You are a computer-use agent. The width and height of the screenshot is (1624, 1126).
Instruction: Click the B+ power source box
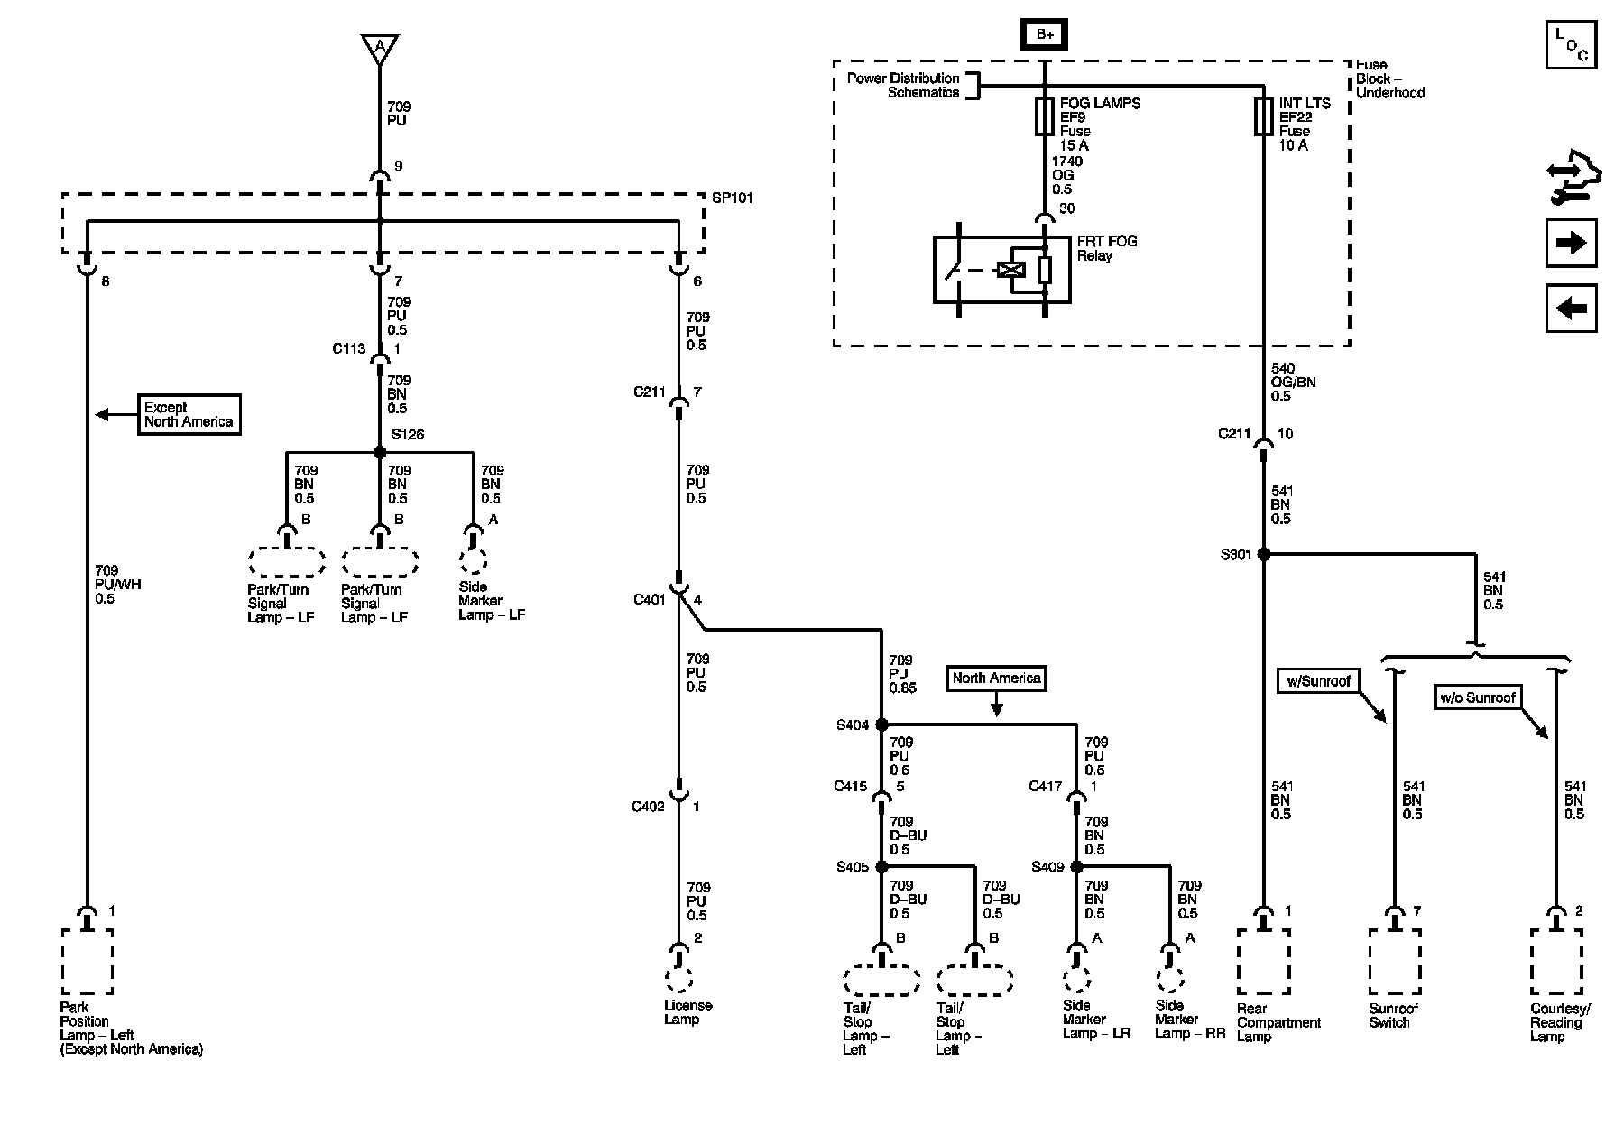point(1045,34)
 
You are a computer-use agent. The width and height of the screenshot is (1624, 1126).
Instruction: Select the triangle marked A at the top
point(380,47)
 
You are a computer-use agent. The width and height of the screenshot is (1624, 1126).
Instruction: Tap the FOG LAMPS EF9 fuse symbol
point(1045,117)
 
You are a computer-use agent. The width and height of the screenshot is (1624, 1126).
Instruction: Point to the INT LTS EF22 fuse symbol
point(1264,117)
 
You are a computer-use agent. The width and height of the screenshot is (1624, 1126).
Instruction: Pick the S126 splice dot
point(380,452)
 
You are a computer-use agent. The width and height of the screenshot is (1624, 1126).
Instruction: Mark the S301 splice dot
point(1264,554)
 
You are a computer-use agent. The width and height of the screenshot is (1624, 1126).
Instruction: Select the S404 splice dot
point(882,725)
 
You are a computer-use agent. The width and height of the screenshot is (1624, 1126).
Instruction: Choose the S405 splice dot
point(882,867)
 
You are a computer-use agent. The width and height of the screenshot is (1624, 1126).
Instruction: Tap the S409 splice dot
point(1076,867)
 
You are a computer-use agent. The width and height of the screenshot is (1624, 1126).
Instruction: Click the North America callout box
point(996,678)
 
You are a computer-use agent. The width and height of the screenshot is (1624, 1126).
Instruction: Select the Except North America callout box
point(189,414)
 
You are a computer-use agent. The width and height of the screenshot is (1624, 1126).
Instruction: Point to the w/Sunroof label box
point(1318,681)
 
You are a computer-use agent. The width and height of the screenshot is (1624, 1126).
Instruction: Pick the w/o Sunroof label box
point(1477,697)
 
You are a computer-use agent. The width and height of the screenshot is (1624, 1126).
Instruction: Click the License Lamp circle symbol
point(678,980)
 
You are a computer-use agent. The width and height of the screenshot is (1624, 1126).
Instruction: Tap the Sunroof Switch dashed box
point(1394,962)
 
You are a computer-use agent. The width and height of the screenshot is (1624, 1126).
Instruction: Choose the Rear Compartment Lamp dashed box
point(1264,962)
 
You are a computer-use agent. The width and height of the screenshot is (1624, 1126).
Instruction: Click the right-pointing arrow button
point(1572,243)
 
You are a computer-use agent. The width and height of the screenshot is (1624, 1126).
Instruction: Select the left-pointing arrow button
point(1572,309)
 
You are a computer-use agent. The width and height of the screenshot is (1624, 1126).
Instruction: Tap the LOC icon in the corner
point(1572,44)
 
